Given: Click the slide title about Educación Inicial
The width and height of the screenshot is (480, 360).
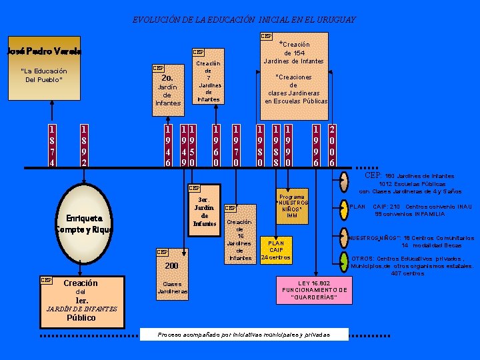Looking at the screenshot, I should (x=244, y=20).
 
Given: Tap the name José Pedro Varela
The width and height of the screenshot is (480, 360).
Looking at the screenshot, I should (x=44, y=51).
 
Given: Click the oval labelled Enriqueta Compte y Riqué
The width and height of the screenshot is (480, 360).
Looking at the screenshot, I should (x=83, y=223).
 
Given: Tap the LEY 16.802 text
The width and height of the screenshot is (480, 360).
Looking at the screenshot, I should (x=314, y=290).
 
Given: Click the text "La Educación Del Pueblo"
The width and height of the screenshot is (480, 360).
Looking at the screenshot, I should (x=44, y=75).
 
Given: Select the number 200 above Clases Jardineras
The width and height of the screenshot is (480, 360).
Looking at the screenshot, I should (x=173, y=265).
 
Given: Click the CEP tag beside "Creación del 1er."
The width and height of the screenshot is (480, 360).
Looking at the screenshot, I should (x=47, y=280).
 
